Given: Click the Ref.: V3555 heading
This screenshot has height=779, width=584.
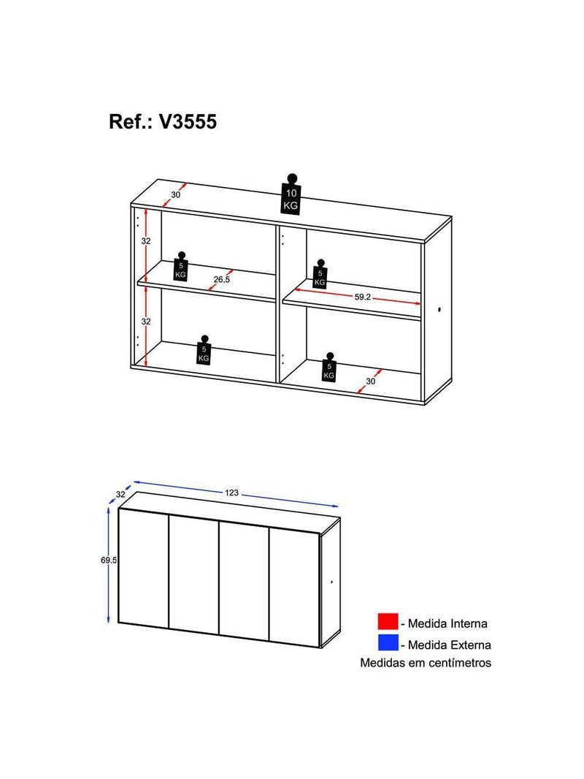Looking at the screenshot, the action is pyautogui.click(x=163, y=122).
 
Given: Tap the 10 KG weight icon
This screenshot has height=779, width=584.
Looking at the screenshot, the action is pyautogui.click(x=291, y=194).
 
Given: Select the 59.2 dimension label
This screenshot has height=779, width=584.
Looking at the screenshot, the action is pyautogui.click(x=363, y=297).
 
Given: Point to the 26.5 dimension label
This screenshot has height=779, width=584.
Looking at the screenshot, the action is pyautogui.click(x=222, y=280).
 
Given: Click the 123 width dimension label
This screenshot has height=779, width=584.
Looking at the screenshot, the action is pyautogui.click(x=231, y=493).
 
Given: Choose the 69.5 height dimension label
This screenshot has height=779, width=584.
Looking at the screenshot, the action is pyautogui.click(x=109, y=560).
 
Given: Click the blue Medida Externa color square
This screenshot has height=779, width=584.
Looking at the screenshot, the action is pyautogui.click(x=388, y=643).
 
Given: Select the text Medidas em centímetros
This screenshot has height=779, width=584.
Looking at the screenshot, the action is pyautogui.click(x=426, y=663).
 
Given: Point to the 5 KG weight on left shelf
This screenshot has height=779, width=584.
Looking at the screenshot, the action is pyautogui.click(x=180, y=267).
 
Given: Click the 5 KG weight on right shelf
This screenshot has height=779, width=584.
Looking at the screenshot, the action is pyautogui.click(x=320, y=274).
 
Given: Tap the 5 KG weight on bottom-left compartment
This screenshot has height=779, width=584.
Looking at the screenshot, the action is pyautogui.click(x=204, y=351).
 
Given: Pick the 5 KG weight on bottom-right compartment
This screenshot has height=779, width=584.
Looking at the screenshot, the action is pyautogui.click(x=329, y=368).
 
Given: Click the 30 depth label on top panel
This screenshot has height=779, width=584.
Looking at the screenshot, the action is pyautogui.click(x=176, y=195).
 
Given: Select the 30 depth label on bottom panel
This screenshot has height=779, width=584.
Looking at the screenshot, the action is pyautogui.click(x=371, y=381).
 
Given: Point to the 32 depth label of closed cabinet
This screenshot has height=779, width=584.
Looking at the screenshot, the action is pyautogui.click(x=120, y=495).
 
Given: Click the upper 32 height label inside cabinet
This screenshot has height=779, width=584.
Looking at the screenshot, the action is pyautogui.click(x=146, y=241).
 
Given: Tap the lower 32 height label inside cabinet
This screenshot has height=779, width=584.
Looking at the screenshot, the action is pyautogui.click(x=146, y=322).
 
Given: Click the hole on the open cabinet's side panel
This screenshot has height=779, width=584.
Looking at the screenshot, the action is pyautogui.click(x=439, y=311).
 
